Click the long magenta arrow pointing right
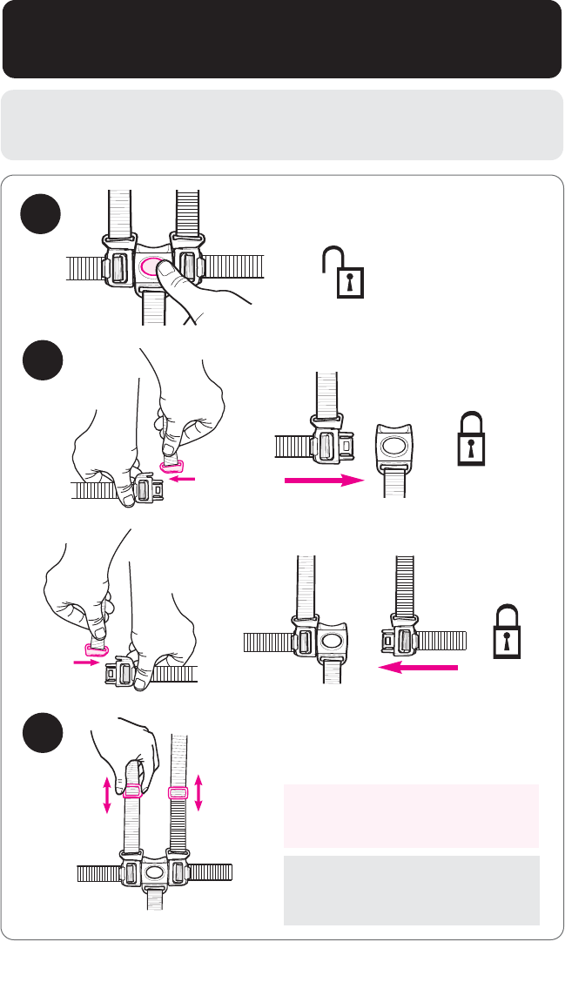323,480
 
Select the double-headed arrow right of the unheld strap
199,794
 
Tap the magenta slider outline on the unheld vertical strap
178,793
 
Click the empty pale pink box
411,815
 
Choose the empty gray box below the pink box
411,890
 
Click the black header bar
282,39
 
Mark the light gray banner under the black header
282,124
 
